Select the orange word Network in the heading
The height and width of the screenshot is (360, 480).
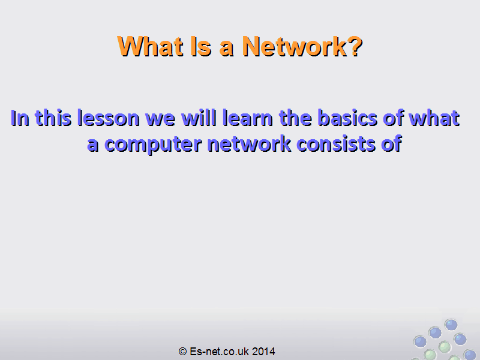pos(294,46)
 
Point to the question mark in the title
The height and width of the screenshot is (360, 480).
pos(355,46)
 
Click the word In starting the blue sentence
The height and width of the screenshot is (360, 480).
pos(20,118)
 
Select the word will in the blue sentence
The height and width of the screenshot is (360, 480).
pos(199,118)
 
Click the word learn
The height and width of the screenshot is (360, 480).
pos(248,118)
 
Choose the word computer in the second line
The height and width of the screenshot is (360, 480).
pos(154,145)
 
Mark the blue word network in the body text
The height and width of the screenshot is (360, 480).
pos(249,144)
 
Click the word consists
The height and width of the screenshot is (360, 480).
pos(336,144)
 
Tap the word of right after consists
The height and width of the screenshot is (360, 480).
pos(392,144)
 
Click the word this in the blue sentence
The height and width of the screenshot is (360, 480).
pos(53,118)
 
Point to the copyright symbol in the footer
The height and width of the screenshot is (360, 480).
pos(183,352)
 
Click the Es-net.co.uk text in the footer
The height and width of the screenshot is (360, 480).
pos(219,352)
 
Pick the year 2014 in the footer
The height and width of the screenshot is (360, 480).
pos(263,352)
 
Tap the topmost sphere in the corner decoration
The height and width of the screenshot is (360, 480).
pos(451,325)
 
